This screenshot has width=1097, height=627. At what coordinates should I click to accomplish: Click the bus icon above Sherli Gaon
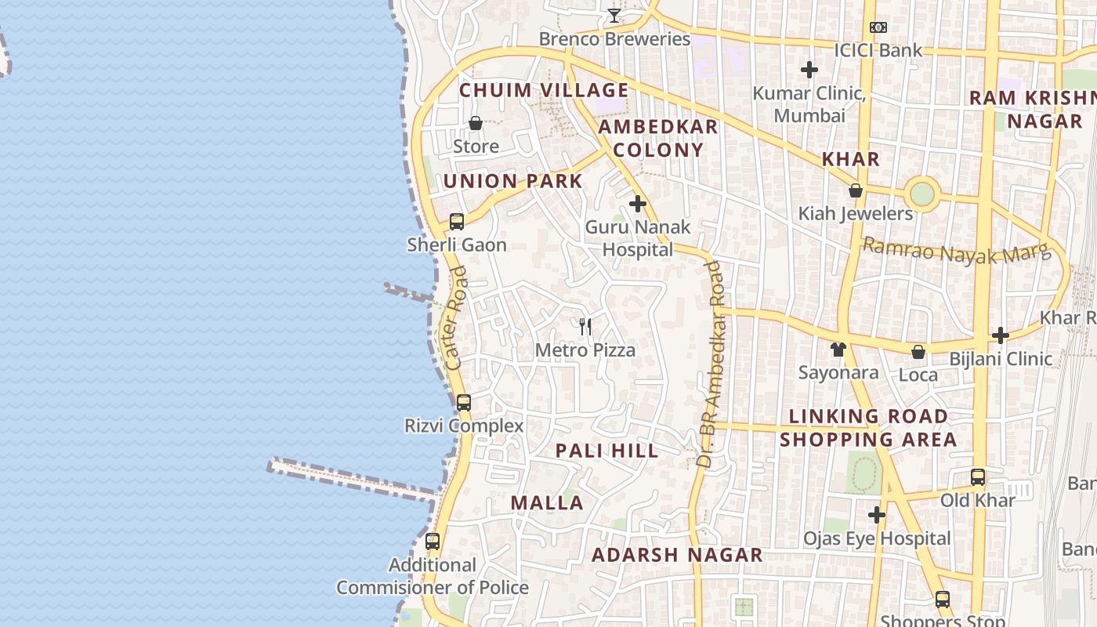(457, 221)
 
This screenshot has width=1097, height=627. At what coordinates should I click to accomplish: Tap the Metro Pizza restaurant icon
(585, 327)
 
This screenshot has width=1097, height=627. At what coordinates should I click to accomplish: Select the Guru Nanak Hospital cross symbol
(638, 204)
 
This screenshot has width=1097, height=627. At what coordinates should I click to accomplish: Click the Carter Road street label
(455, 317)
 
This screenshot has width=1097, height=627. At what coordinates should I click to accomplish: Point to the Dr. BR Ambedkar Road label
(711, 364)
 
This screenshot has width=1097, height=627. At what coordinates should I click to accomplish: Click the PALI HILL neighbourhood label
(607, 451)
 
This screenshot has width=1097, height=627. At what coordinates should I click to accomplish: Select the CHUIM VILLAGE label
(544, 90)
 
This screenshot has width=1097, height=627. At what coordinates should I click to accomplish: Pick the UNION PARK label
(513, 181)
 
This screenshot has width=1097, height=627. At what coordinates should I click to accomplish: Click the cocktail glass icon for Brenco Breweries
(614, 16)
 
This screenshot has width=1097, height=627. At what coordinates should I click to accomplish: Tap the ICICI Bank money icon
(878, 27)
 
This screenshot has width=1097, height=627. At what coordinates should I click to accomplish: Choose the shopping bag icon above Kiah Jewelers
(856, 190)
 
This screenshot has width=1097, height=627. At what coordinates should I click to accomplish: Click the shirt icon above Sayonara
(838, 350)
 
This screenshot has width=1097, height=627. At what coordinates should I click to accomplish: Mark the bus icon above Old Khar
(978, 477)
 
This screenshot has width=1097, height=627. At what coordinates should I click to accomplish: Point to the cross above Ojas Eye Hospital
(877, 515)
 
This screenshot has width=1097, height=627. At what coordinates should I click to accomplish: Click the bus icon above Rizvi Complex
(464, 403)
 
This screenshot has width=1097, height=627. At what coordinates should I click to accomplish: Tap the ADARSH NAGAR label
(677, 555)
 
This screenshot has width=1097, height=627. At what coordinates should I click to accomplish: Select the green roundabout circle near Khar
(922, 194)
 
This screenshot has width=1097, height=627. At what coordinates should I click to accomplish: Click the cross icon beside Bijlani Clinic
(1001, 335)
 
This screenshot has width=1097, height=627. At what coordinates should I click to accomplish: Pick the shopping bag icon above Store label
(476, 123)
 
